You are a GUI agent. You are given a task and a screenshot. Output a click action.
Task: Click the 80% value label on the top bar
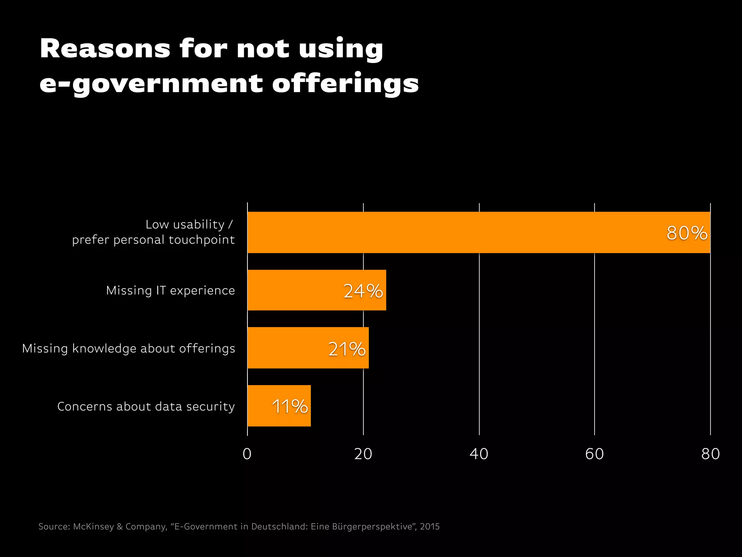[x=687, y=233]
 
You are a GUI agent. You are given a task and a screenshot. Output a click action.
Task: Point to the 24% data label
[x=363, y=291]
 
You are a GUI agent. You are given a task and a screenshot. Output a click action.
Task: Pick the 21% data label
[x=347, y=349]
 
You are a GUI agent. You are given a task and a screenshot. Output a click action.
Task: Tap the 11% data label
[x=290, y=407]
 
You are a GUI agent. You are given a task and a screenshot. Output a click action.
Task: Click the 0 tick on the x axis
[x=247, y=454]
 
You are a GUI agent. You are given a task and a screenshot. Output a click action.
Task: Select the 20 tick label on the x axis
[x=363, y=454]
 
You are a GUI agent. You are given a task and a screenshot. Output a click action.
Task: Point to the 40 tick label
[x=479, y=454]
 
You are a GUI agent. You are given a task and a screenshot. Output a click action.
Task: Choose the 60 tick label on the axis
[x=595, y=454]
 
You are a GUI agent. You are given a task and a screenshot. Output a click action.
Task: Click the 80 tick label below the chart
[x=710, y=454]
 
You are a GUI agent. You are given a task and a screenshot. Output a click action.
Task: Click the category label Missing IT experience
[x=171, y=290]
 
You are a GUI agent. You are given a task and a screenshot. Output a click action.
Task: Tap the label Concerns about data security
[x=146, y=407]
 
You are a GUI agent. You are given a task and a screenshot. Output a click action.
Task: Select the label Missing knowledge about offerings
[x=129, y=348]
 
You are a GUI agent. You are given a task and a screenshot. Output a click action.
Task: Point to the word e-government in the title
[x=151, y=84]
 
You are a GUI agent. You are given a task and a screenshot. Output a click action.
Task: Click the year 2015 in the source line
[x=430, y=527]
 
